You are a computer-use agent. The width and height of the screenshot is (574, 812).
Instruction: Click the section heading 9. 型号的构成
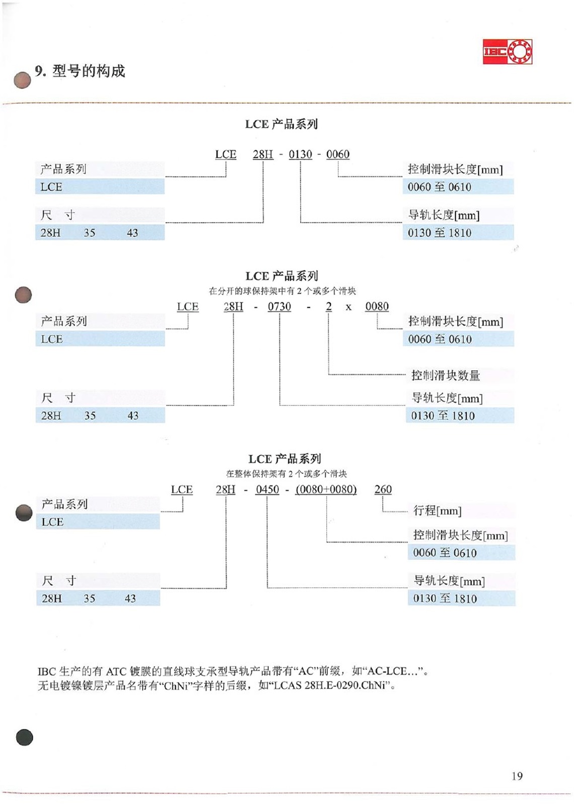pyautogui.click(x=80, y=71)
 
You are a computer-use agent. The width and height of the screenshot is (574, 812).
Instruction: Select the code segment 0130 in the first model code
pyautogui.click(x=301, y=154)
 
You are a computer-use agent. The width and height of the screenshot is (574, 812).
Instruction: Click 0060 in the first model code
pyautogui.click(x=338, y=154)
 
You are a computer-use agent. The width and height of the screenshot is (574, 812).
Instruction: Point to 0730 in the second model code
pyautogui.click(x=279, y=307)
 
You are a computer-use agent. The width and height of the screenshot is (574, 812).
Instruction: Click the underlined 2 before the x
pyautogui.click(x=329, y=307)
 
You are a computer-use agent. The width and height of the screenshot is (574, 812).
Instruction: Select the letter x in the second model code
pyautogui.click(x=348, y=307)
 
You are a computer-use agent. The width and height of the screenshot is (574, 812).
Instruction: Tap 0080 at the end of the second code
pyautogui.click(x=377, y=307)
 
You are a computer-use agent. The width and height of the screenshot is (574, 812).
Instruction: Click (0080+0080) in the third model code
pyautogui.click(x=326, y=490)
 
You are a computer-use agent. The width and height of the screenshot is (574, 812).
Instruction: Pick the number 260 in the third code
pyautogui.click(x=383, y=490)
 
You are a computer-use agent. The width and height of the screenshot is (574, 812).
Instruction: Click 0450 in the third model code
pyautogui.click(x=267, y=490)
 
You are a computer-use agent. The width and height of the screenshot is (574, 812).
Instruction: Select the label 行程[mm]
pyautogui.click(x=438, y=511)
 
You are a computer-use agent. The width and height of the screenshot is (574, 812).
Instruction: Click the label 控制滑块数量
pyautogui.click(x=446, y=375)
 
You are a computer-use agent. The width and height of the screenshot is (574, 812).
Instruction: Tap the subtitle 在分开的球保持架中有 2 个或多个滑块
pyautogui.click(x=282, y=291)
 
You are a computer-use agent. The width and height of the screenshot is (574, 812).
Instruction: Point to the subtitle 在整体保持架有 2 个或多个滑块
pyautogui.click(x=286, y=473)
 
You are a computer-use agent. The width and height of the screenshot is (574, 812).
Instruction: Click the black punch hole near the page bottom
pyautogui.click(x=25, y=737)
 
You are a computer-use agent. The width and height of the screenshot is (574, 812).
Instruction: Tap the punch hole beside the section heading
pyautogui.click(x=22, y=80)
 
